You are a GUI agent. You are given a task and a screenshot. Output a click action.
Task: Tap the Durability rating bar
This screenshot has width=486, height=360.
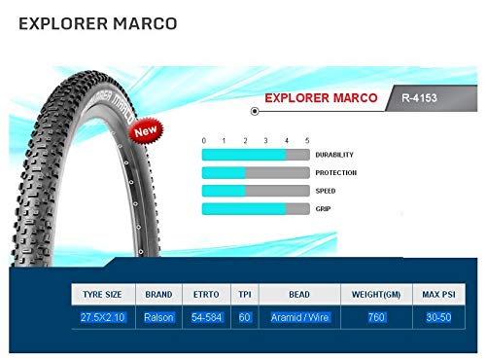click(x=256, y=155)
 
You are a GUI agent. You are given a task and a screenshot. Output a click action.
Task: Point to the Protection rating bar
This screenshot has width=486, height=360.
click(x=256, y=173)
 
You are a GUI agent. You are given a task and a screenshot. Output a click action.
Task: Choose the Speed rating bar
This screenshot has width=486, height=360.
click(x=256, y=191)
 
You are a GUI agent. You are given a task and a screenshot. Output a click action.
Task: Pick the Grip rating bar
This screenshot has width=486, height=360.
click(x=256, y=209)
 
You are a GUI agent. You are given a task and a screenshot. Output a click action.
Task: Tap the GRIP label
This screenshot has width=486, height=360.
click(x=325, y=209)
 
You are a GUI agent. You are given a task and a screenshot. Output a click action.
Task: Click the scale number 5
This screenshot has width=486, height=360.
click(x=307, y=140)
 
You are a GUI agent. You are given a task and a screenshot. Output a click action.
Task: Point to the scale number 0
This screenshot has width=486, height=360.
click(x=203, y=140)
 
